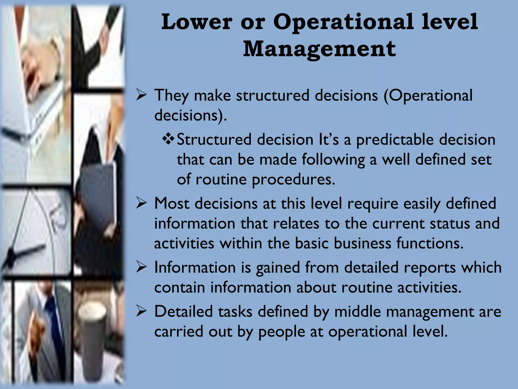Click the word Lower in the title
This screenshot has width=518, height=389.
coord(197,22)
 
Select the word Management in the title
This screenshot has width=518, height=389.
coord(319,49)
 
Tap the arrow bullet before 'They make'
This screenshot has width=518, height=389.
coord(141,95)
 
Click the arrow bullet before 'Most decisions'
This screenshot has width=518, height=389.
coord(141,203)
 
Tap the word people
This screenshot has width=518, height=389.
coord(282,332)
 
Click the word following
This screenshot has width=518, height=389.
coord(333,160)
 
